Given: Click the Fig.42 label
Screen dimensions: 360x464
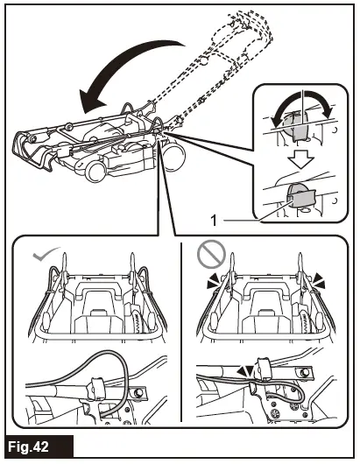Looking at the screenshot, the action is click(28, 446).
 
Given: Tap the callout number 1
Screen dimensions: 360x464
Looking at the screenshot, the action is click(214, 221).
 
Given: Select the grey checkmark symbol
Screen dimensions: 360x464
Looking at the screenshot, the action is click(46, 254).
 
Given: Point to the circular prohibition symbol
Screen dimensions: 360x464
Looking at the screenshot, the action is click(211, 254).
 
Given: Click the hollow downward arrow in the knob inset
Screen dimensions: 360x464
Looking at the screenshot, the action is click(300, 159).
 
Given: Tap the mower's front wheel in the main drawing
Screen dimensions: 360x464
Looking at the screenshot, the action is click(96, 171).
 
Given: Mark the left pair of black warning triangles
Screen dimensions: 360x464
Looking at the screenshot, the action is click(215, 281).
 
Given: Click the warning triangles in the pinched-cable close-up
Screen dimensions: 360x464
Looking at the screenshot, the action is click(246, 371).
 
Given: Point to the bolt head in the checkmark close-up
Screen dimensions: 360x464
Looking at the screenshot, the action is click(137, 393).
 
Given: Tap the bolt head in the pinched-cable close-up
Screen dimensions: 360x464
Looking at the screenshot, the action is click(303, 373).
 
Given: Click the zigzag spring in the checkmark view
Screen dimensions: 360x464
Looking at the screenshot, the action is click(137, 320).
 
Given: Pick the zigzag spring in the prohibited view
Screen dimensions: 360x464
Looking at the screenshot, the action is click(304, 321).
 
